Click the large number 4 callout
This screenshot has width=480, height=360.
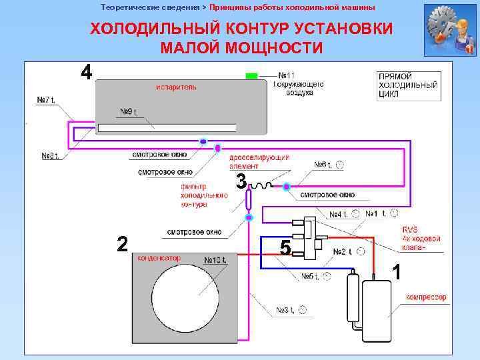[87, 72]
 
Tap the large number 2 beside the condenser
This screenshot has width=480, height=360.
[122, 244]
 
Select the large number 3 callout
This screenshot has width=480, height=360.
[241, 181]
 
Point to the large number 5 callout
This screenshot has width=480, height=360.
[285, 248]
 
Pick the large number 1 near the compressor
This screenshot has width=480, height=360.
[397, 272]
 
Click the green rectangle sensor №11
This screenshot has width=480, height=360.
[251, 76]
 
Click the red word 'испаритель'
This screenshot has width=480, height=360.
[176, 88]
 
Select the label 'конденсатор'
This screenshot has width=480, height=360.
[159, 257]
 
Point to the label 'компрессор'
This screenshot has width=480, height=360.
[426, 297]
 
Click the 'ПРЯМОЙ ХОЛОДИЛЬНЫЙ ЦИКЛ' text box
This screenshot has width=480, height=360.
[407, 85]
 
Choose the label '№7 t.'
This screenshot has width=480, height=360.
[47, 101]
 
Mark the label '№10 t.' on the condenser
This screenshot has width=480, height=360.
[215, 259]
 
